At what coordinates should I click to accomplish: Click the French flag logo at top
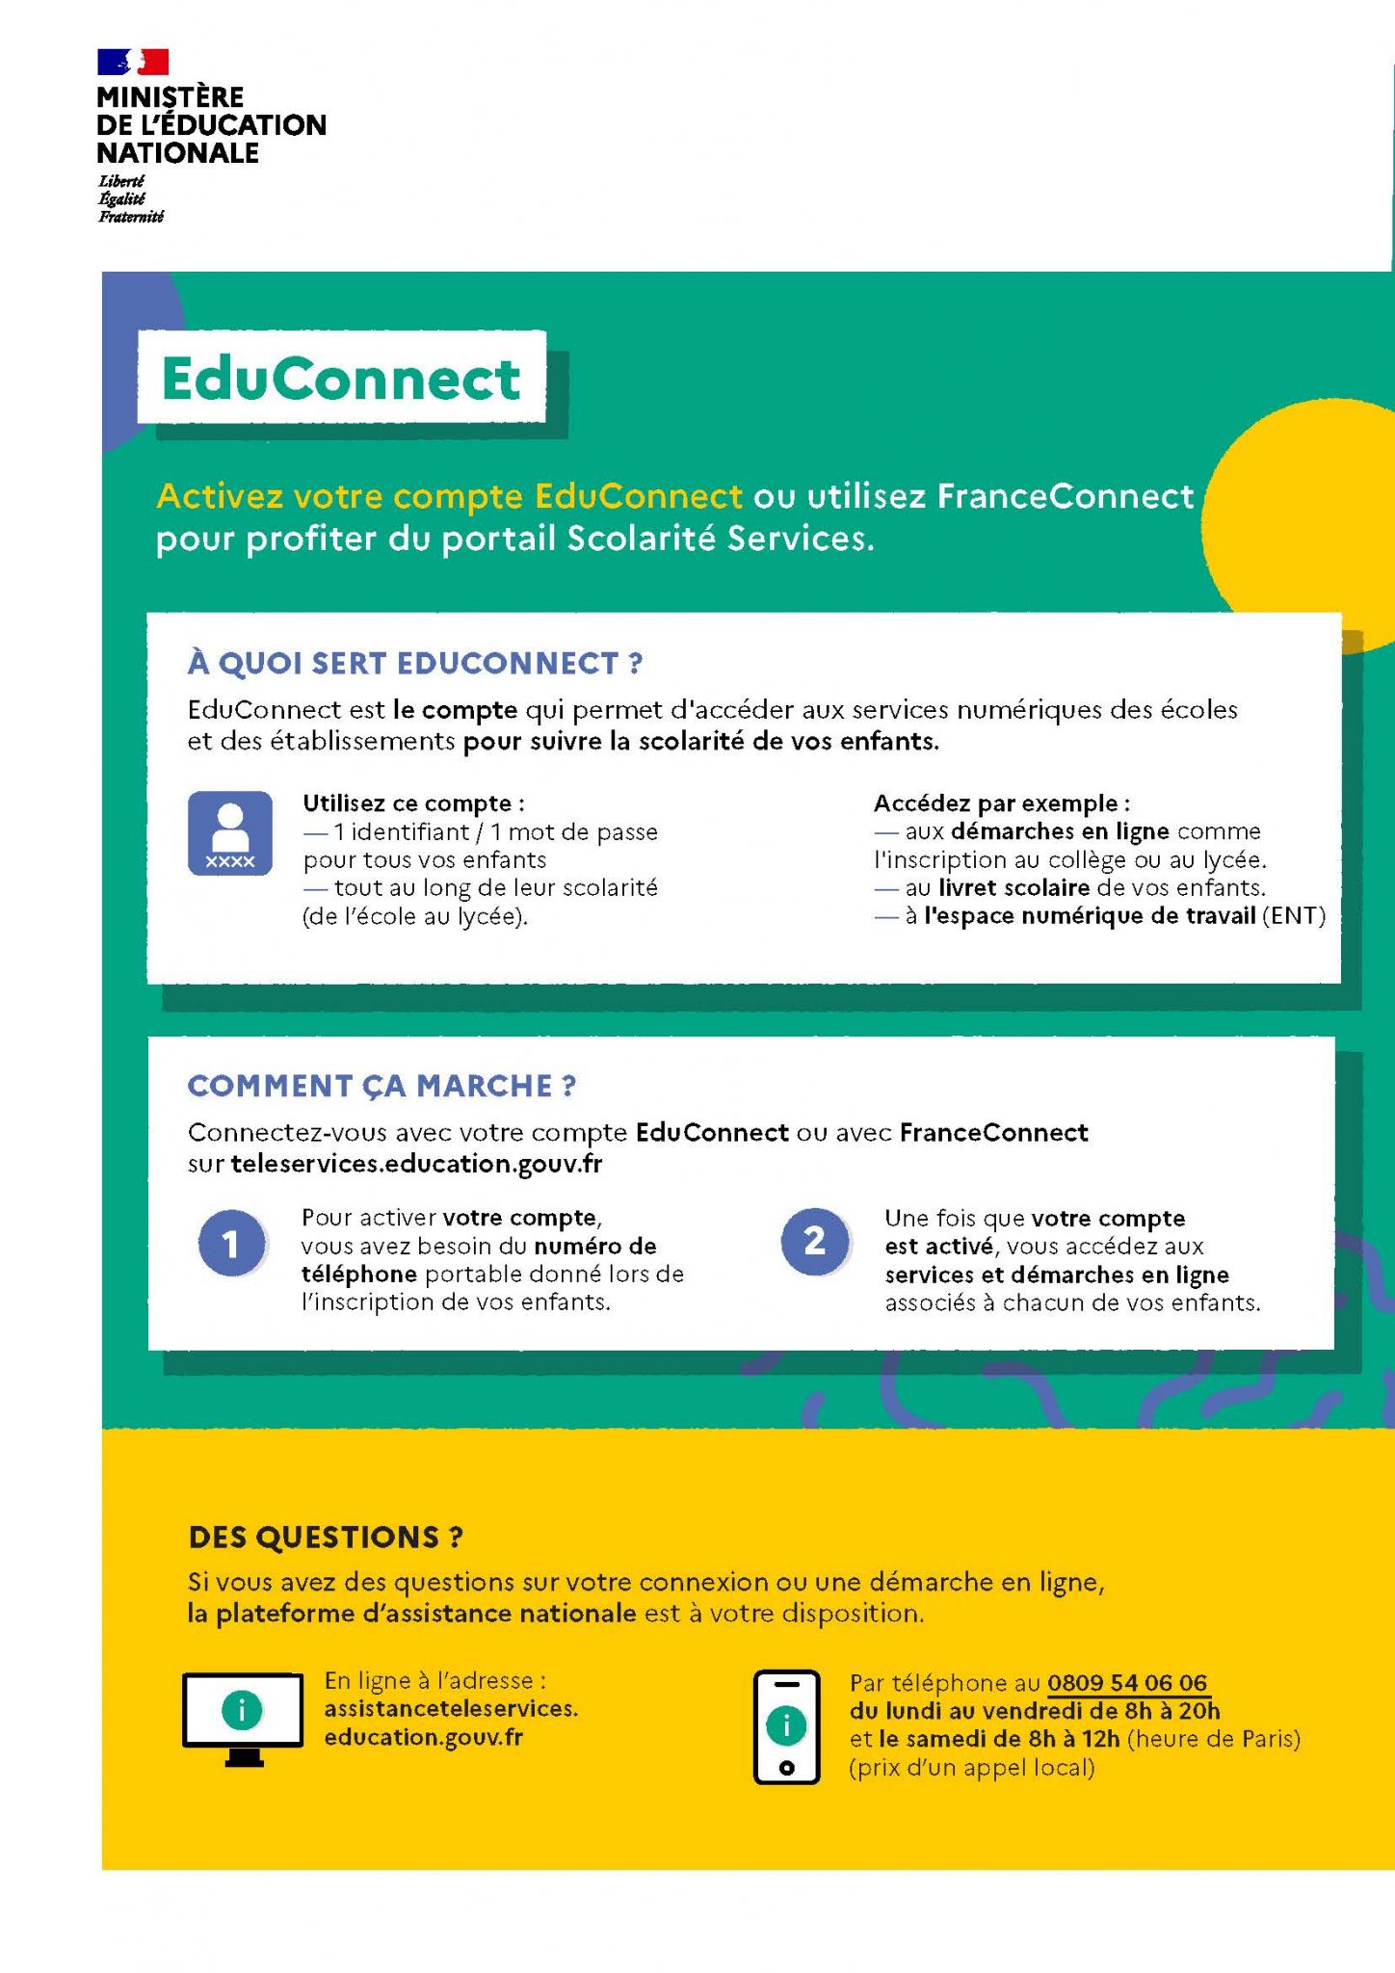point(133,62)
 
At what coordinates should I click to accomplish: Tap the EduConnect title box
point(341,378)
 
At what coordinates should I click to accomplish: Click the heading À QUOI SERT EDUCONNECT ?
point(415,663)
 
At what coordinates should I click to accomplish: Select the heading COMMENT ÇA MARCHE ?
point(382,1086)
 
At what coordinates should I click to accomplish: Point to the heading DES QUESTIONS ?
point(326,1537)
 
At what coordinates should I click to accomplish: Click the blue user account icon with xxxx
point(230,832)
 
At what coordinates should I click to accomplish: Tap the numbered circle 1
point(231,1244)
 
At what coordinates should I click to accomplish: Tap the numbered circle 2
point(815,1241)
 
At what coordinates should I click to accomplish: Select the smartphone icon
point(786,1726)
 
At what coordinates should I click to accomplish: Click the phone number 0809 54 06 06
point(1127,1683)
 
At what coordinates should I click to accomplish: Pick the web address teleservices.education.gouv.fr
point(416,1164)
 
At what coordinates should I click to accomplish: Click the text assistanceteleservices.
point(451,1708)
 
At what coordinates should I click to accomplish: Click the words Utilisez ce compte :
point(414,803)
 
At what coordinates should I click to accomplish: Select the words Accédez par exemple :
point(1002,803)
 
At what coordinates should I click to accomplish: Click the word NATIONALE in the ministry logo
point(177,153)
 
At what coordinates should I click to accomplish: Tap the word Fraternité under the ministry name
point(131,217)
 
